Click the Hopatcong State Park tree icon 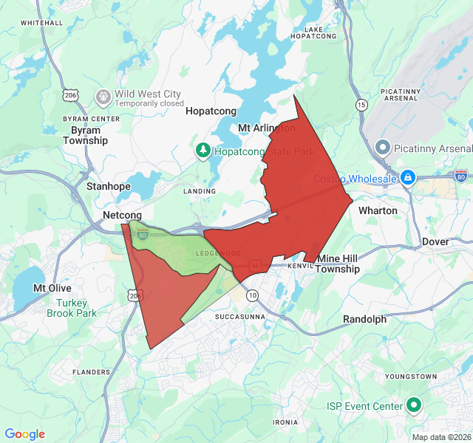[203, 151]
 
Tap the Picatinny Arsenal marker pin [383, 147]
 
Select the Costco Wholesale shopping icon [407, 178]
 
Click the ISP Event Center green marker [414, 405]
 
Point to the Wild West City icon [103, 96]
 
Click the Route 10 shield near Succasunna [253, 295]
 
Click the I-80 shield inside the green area [143, 236]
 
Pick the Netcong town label [121, 215]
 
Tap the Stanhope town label [108, 187]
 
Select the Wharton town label [378, 210]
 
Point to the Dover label [435, 241]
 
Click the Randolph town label [364, 319]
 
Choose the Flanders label [92, 372]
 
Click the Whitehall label [41, 23]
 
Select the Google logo [25, 434]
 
